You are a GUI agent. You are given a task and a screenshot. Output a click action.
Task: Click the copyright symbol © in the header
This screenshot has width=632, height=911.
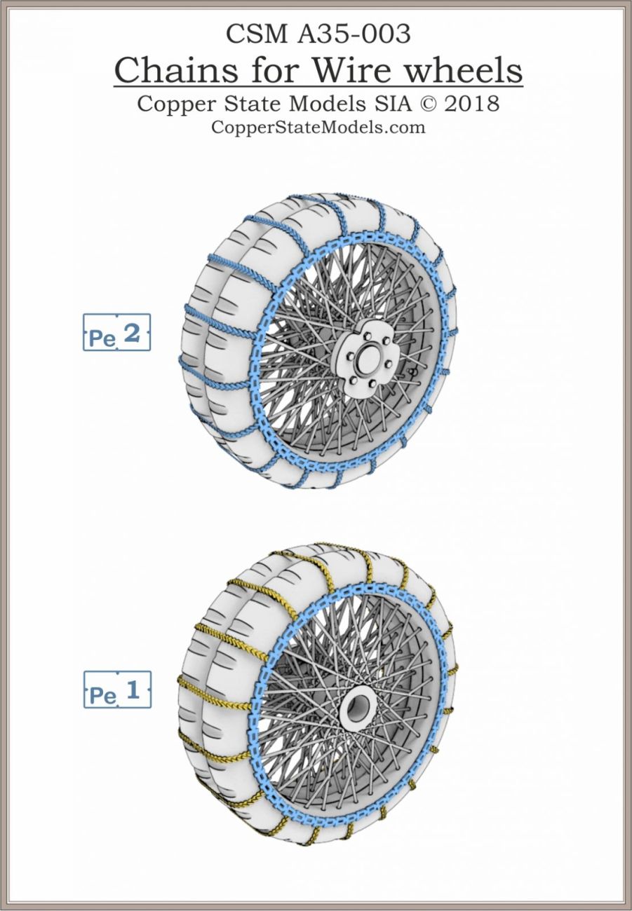coord(422,104)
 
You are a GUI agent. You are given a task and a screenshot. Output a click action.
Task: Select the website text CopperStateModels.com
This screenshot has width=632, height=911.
coord(318,127)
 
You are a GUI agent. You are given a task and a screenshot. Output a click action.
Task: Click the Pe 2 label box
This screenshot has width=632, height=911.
coord(117,332)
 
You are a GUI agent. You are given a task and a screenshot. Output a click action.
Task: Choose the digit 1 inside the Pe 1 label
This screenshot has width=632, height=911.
coord(133,690)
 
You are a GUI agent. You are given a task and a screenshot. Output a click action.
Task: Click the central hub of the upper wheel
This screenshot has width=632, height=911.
coord(363,357)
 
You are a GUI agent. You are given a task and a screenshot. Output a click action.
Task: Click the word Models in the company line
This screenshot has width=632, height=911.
coord(324,104)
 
